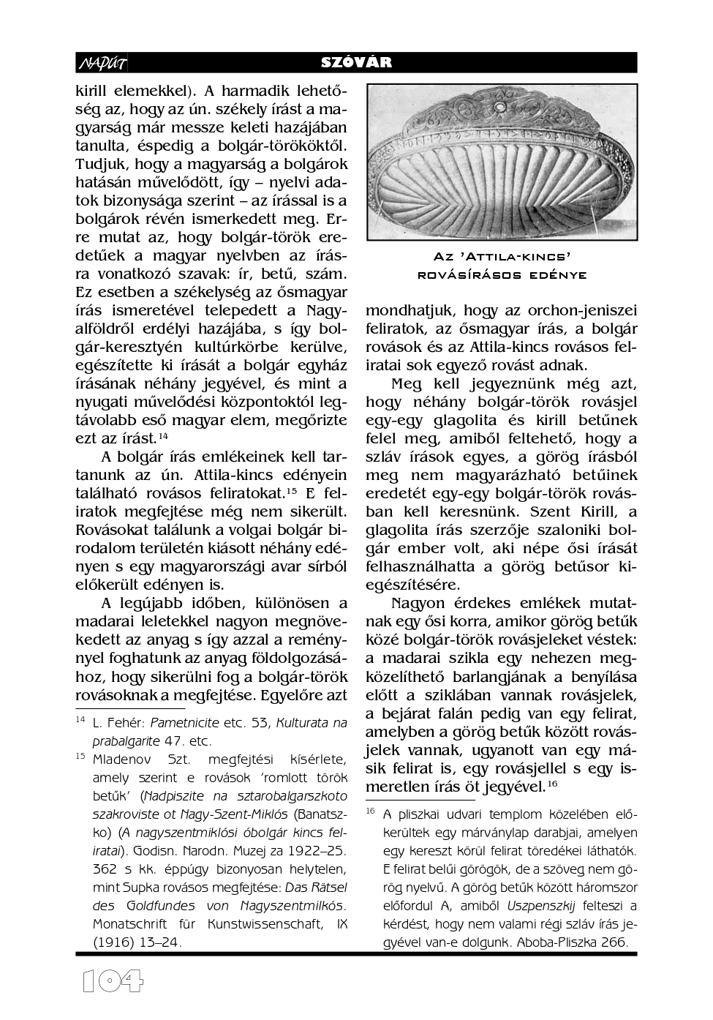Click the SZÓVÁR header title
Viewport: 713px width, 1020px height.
coord(356,63)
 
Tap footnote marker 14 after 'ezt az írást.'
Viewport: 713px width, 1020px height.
coord(163,436)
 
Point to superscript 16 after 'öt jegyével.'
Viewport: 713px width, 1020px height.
coord(554,783)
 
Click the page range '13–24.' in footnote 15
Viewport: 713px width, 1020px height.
coord(161,942)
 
